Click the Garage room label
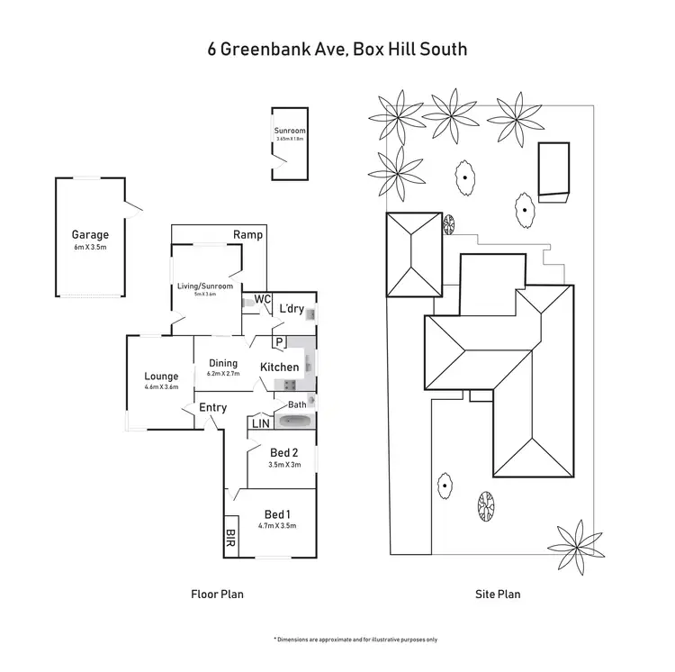click(x=90, y=234)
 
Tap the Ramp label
click(x=247, y=234)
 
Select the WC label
click(x=263, y=299)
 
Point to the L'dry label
click(x=291, y=309)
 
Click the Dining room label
click(x=223, y=363)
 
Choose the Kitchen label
click(x=279, y=368)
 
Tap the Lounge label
click(x=161, y=377)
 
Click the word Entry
click(x=212, y=408)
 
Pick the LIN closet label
click(x=260, y=422)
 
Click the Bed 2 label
click(x=283, y=452)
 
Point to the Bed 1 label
click(x=277, y=513)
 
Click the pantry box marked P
click(x=279, y=341)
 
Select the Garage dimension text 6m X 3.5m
click(x=90, y=247)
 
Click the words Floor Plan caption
click(x=217, y=595)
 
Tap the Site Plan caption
click(x=498, y=595)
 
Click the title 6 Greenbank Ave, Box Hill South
click(x=337, y=49)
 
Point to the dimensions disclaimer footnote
click(x=355, y=639)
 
